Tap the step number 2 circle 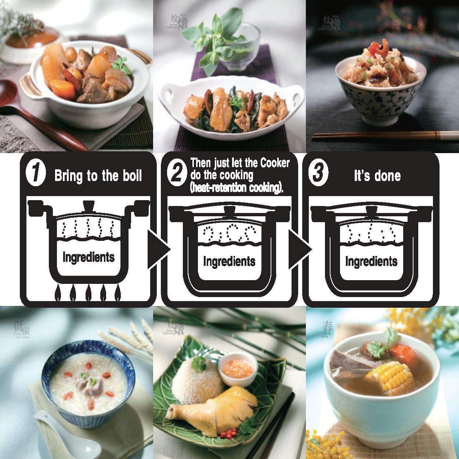177,173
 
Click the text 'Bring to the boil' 98,176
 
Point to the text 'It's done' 377,176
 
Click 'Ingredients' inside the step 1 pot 88,257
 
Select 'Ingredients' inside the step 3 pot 371,261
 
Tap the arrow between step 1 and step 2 158,250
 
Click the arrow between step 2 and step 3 299,250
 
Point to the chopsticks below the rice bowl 382,136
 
